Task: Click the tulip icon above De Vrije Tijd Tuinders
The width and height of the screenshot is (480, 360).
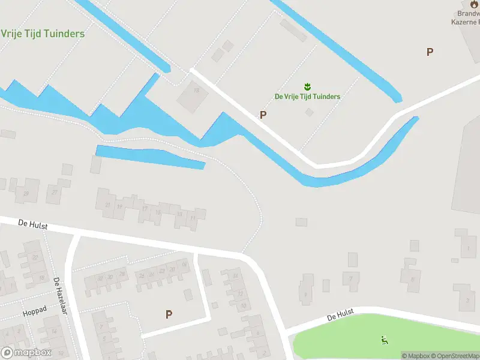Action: pos(307,87)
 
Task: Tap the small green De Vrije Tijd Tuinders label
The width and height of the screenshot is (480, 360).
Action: pos(307,97)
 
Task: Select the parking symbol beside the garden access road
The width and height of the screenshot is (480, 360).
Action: pos(263,115)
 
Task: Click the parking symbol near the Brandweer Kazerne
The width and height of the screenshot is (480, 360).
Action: pos(430,52)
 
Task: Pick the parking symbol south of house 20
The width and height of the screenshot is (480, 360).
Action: pos(169,314)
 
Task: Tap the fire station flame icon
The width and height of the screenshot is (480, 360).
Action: pos(475,3)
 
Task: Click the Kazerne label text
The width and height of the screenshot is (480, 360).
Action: pos(466,22)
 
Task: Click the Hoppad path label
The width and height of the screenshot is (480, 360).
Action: pos(34,313)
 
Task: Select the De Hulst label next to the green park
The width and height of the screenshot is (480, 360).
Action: pos(341,315)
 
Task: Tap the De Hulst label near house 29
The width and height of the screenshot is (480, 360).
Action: pos(32,225)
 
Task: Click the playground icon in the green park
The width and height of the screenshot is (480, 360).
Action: pos(384,340)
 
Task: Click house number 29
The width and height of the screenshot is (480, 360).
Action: pos(26,194)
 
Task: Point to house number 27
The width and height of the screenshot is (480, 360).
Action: pos(55,192)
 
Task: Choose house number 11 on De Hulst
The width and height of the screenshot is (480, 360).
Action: pos(193,218)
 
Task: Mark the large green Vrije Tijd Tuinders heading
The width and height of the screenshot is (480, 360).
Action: pos(43,34)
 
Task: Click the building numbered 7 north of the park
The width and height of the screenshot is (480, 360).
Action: pos(351,279)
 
